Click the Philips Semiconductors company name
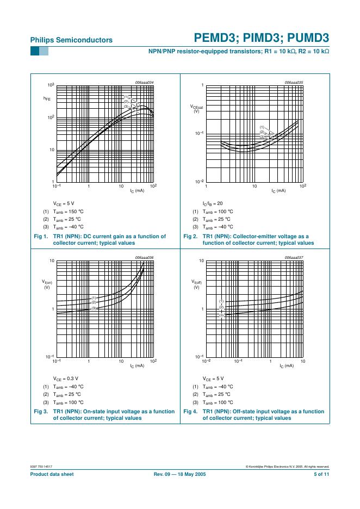(x=71, y=40)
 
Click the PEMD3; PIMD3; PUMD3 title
(x=261, y=38)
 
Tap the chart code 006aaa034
(x=144, y=82)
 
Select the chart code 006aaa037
(x=294, y=257)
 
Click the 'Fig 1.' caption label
(x=41, y=237)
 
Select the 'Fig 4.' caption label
(x=190, y=412)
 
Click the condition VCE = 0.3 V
(x=65, y=378)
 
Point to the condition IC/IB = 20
(x=213, y=203)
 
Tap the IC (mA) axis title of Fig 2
(x=278, y=191)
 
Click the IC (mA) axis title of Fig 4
(x=286, y=366)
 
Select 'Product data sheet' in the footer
(x=52, y=474)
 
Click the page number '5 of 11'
(x=321, y=474)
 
